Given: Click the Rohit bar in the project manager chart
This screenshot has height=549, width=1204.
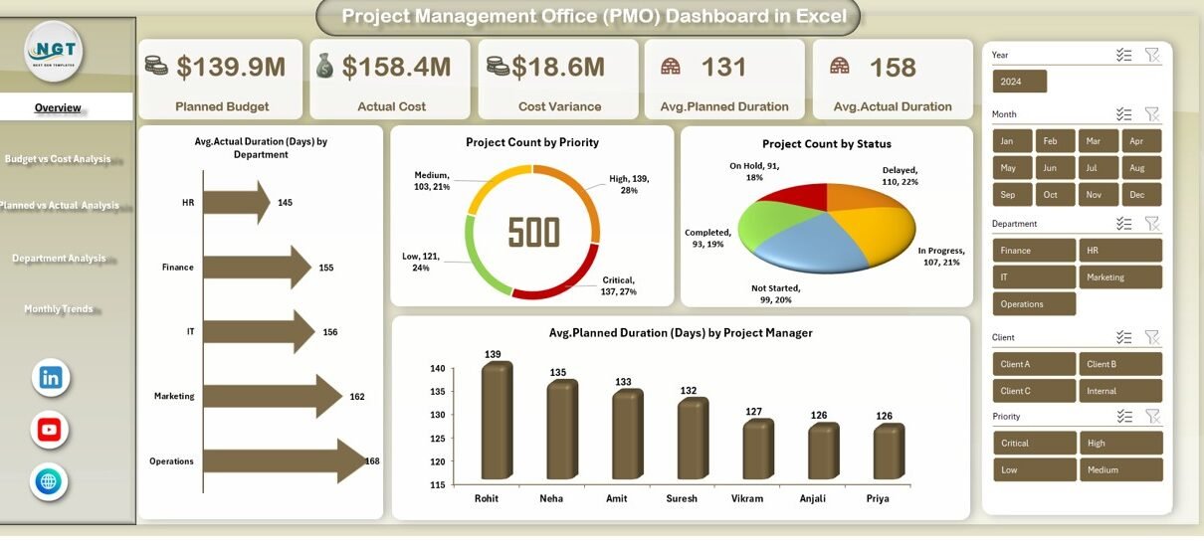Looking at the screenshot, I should coord(495,423).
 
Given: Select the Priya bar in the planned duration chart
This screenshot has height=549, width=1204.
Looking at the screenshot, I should coord(889,453).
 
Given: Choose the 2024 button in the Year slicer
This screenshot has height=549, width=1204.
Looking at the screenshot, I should coord(1019,82).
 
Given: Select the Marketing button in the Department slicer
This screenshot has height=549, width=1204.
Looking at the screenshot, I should coord(1120,277).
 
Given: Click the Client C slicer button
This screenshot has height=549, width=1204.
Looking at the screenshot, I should coord(1034,391).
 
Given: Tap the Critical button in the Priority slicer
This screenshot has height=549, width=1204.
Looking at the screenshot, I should coord(1034,444).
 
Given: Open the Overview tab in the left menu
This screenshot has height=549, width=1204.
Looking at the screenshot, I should coord(58,107).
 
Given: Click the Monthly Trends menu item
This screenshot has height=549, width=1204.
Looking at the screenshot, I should coord(59,309).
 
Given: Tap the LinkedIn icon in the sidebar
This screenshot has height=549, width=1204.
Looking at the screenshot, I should coord(50,378).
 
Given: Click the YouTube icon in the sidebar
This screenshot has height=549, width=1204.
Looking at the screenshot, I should coord(50,430).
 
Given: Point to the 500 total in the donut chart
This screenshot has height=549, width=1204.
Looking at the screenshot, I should coord(534,232).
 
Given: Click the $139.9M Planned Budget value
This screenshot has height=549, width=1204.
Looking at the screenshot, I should coord(230,68).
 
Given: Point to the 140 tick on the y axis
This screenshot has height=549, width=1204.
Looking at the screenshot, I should coord(438,369).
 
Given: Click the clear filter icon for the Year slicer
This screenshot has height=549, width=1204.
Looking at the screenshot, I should coord(1152,55).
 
